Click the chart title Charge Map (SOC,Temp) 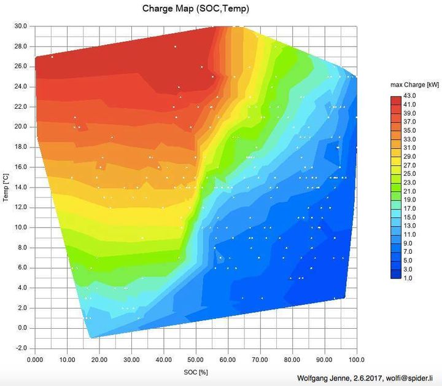click(x=196, y=9)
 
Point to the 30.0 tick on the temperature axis click(x=20, y=26)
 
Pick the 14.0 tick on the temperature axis click(x=20, y=187)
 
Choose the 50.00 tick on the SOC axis click(x=195, y=360)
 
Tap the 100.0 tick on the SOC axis click(x=356, y=360)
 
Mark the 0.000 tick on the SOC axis click(x=35, y=360)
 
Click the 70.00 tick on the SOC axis click(x=260, y=360)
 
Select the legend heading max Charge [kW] click(x=414, y=85)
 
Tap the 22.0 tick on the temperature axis click(x=20, y=107)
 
